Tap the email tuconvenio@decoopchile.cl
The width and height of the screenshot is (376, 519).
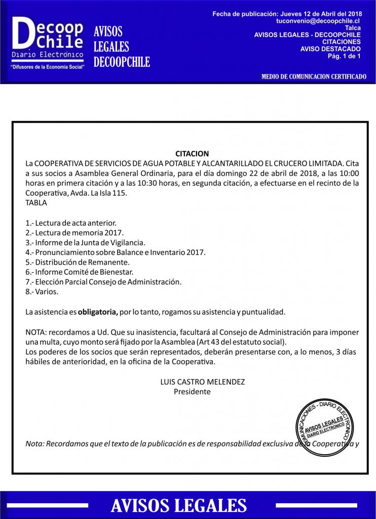point(318,21)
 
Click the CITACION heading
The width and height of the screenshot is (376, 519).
point(192,154)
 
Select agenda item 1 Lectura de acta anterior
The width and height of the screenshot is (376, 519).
point(70,223)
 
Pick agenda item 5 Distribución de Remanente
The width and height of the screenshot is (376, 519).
point(78,262)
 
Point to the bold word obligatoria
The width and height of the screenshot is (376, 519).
point(98,312)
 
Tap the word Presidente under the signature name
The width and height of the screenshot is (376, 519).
point(192,391)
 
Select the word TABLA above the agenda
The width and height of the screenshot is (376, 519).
point(36,203)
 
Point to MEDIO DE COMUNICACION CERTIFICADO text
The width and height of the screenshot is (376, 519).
point(314,77)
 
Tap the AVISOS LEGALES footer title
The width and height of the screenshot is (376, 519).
point(179,505)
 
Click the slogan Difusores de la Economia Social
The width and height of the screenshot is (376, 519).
point(47,66)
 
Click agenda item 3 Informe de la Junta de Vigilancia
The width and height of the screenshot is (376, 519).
point(85,242)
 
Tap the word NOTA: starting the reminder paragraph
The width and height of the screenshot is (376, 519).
point(35,332)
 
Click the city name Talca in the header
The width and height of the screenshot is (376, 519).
point(353,28)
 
